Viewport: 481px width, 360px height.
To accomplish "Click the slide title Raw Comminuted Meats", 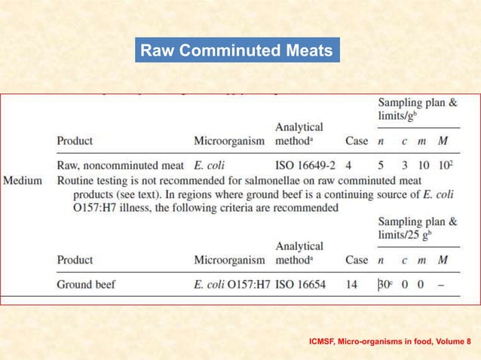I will coord(237,50).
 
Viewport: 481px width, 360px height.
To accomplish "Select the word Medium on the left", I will coord(25,181).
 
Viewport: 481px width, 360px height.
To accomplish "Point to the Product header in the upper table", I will coord(75,140).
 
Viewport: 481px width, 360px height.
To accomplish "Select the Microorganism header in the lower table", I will coord(229,260).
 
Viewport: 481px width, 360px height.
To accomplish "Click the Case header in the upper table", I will coord(357,140).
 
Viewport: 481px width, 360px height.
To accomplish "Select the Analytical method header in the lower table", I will coord(299,252).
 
